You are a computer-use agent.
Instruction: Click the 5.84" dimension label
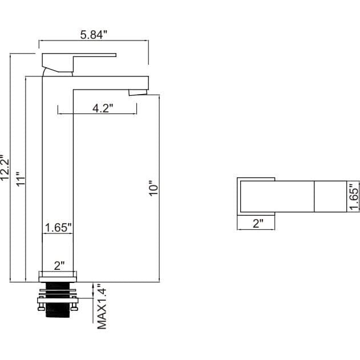coord(94,35)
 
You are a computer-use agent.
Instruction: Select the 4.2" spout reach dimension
coord(103,108)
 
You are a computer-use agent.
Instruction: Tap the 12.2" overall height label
coord(5,167)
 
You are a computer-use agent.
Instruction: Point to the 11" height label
coord(20,179)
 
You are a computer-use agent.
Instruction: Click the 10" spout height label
coord(153,188)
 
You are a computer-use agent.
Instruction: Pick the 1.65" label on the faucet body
coord(58,228)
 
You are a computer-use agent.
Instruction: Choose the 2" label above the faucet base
coord(59,266)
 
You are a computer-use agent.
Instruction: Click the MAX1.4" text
coord(102,306)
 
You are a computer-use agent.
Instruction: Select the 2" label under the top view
coord(258,223)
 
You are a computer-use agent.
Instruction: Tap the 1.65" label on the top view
coord(354,196)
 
